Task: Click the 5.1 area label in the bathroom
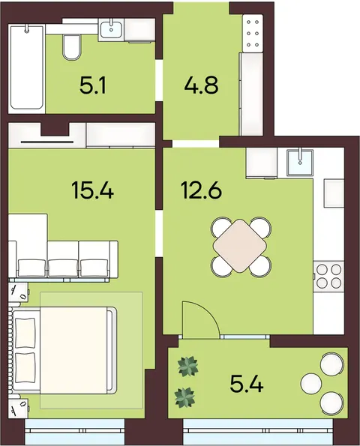click(x=93, y=85)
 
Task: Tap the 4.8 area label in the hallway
click(x=201, y=85)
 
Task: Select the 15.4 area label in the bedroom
click(x=93, y=190)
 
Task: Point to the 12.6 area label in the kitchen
click(x=201, y=190)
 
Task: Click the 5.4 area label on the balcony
click(x=247, y=384)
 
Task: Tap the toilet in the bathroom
click(x=71, y=47)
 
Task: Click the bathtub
click(x=27, y=68)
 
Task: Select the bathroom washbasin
click(x=111, y=29)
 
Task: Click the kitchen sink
click(x=300, y=163)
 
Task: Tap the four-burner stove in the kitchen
click(x=329, y=276)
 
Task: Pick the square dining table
click(x=241, y=245)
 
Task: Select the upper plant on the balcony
click(x=188, y=367)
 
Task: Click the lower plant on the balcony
click(x=185, y=397)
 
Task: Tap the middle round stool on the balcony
click(x=310, y=384)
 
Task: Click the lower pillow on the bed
click(x=25, y=367)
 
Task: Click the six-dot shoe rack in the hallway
click(x=253, y=33)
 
